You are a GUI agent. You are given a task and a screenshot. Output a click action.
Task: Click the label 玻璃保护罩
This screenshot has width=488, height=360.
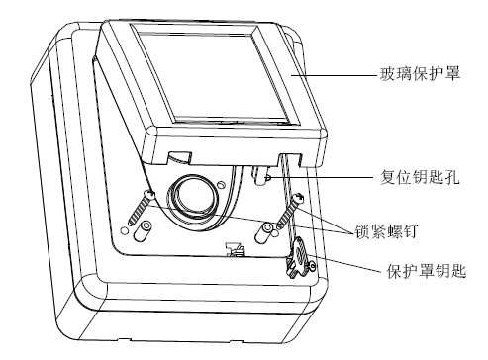[x=420, y=73]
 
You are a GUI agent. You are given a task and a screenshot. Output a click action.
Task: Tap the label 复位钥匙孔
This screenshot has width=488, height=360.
[x=420, y=177]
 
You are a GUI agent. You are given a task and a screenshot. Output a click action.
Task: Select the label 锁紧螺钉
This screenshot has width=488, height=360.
[x=386, y=231]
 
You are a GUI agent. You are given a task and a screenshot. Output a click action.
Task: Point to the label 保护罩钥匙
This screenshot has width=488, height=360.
[x=427, y=272]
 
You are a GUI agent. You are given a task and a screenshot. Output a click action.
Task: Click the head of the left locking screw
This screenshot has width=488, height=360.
[x=149, y=194]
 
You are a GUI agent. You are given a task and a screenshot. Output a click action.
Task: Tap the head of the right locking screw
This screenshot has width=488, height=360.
[x=298, y=198]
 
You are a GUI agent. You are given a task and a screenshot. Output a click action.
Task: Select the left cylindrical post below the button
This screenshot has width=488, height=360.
[x=144, y=231]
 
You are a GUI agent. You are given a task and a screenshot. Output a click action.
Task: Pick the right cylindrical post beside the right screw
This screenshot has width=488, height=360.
[x=264, y=232]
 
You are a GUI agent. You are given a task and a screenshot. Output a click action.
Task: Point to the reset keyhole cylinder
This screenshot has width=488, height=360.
[x=260, y=176]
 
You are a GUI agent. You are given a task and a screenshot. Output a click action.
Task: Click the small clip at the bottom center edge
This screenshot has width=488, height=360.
[x=235, y=249]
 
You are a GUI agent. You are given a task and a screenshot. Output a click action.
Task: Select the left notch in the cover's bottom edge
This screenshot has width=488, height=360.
[x=179, y=157]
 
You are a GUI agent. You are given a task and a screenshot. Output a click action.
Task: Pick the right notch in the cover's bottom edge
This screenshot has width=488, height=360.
[x=290, y=158]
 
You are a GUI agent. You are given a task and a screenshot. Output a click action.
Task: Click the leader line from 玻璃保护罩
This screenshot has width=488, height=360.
[x=334, y=75]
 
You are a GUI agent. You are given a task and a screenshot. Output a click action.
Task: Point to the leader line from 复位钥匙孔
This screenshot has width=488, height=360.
[x=323, y=178]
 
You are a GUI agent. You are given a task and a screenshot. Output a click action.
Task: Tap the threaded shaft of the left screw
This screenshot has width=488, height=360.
[x=139, y=211]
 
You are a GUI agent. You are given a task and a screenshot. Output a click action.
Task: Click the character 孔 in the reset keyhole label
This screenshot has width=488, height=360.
[x=452, y=177]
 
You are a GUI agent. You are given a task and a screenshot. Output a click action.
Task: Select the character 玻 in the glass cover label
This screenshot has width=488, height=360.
[x=387, y=73]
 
